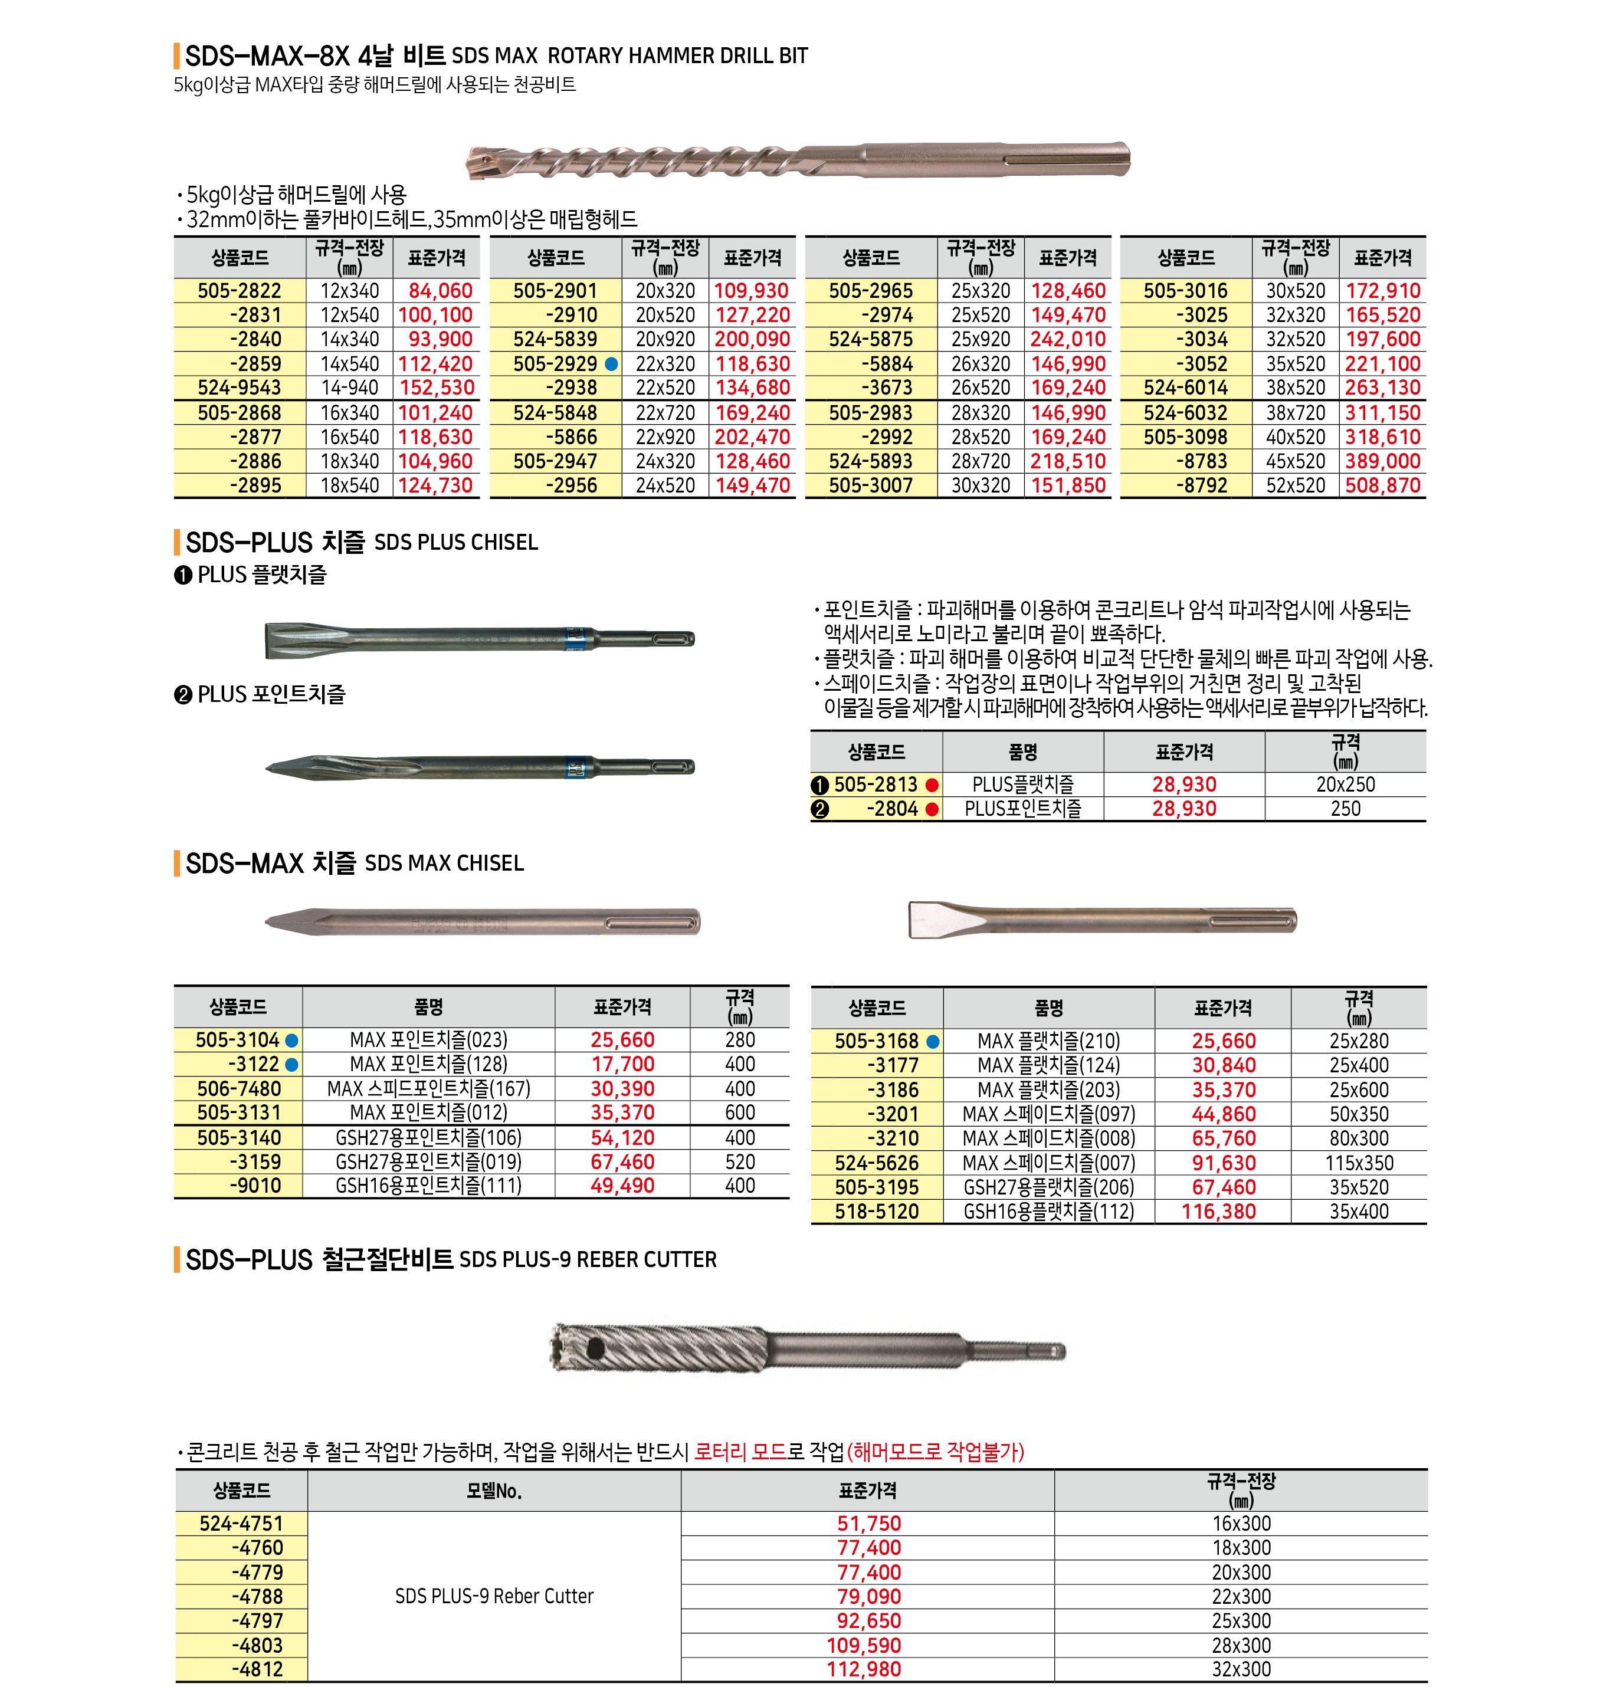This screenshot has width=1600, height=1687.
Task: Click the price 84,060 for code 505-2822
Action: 440,291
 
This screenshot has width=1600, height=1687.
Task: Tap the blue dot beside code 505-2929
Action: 611,364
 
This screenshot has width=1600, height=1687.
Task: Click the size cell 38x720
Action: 1296,413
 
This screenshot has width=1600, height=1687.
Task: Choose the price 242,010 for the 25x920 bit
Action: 1068,339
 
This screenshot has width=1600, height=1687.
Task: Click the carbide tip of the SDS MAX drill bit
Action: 479,162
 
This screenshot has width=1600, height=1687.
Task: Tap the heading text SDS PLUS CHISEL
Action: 456,543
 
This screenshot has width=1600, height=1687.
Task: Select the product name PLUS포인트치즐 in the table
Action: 1022,809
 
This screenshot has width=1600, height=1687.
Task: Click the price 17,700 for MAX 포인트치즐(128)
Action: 622,1064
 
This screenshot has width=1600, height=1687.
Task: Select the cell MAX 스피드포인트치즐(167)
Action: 428,1089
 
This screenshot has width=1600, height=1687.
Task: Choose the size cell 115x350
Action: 1359,1163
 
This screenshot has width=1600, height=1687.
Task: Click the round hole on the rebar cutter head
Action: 595,1348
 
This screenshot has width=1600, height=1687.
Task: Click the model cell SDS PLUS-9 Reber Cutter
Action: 494,1596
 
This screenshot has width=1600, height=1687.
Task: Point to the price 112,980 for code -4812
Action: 863,1669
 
